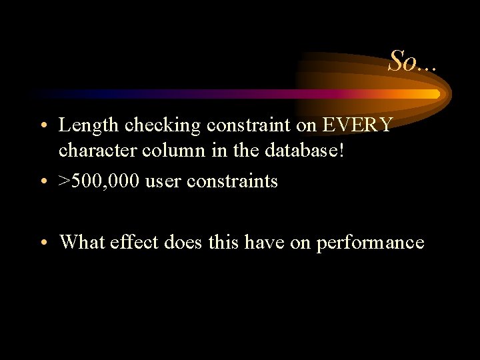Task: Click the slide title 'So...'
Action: point(413,61)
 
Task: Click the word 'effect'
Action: point(135,241)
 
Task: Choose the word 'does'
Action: point(184,241)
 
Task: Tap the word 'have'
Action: point(262,241)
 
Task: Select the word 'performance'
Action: point(370,242)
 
